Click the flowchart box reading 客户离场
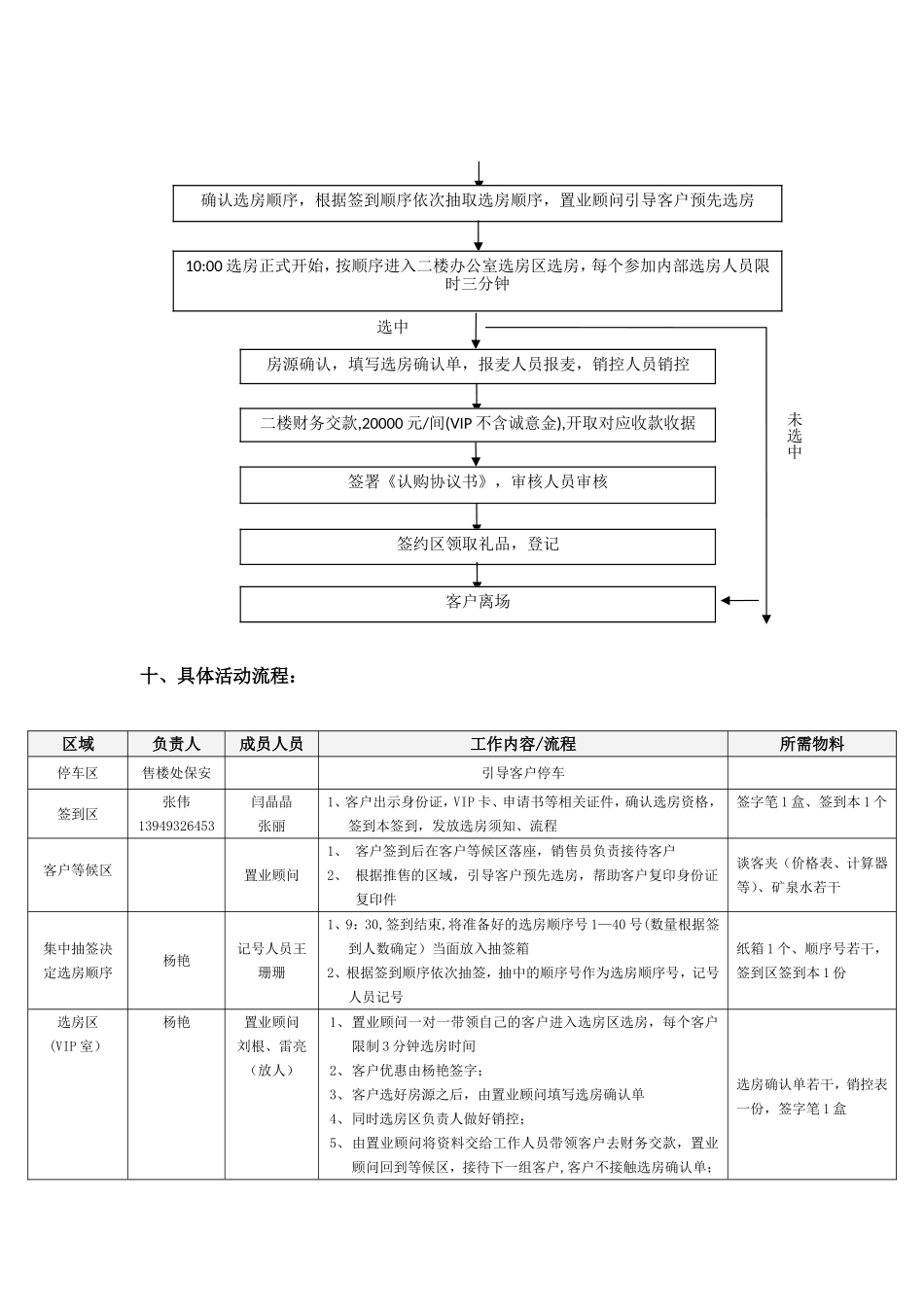point(478,602)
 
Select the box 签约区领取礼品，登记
point(478,545)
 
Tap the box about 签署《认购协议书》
point(478,482)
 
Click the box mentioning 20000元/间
point(478,424)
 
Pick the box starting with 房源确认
point(478,366)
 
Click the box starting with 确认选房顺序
point(478,201)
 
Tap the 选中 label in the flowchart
point(393,327)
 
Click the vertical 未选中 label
point(795,437)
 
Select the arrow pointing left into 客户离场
point(739,601)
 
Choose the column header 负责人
point(176,744)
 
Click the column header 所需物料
point(811,744)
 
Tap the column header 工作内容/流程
point(523,744)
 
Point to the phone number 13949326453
point(176,826)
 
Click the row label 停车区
point(78,773)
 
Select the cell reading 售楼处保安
point(176,773)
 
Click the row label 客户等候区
point(78,870)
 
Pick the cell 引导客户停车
point(523,773)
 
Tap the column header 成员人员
point(271,744)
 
